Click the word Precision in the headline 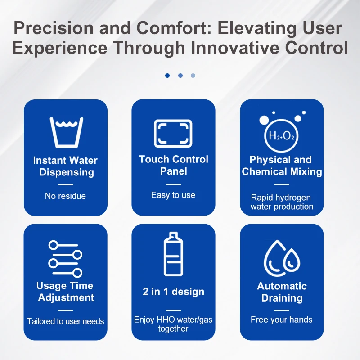pos(54,28)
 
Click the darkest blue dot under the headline pos(167,76)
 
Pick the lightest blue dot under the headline pos(193,76)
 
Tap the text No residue pos(65,196)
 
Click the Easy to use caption pos(173,195)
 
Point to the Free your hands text pos(282,319)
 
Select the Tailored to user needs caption pos(65,321)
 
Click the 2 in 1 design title pos(173,292)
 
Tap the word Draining pos(282,298)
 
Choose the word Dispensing pos(67,172)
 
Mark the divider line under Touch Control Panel pos(173,184)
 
